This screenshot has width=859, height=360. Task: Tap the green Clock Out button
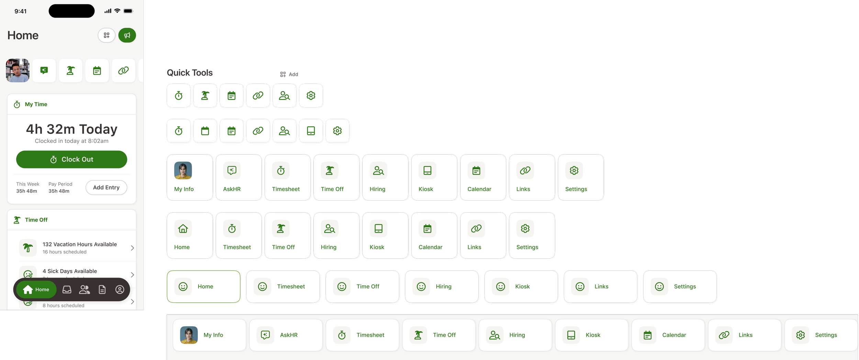pyautogui.click(x=71, y=159)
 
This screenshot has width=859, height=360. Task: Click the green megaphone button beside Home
pyautogui.click(x=127, y=35)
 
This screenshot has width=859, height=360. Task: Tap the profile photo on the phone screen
pyautogui.click(x=18, y=70)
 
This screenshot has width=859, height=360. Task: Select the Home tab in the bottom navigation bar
pyautogui.click(x=36, y=290)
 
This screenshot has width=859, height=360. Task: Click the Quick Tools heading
pyautogui.click(x=190, y=73)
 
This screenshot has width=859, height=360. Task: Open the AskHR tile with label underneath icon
pyautogui.click(x=238, y=177)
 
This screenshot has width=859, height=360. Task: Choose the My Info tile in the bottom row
pyautogui.click(x=209, y=335)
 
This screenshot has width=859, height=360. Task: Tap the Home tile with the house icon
pyautogui.click(x=190, y=235)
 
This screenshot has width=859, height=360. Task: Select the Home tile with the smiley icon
pyautogui.click(x=203, y=286)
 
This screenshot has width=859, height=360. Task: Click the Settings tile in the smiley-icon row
pyautogui.click(x=680, y=286)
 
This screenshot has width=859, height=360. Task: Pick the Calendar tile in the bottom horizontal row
pyautogui.click(x=668, y=335)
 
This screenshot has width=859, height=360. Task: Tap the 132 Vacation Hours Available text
pyautogui.click(x=80, y=244)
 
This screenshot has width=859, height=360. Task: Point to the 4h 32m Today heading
pyautogui.click(x=71, y=129)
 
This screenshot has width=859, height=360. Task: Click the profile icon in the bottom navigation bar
pyautogui.click(x=120, y=290)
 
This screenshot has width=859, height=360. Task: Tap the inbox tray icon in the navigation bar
pyautogui.click(x=67, y=290)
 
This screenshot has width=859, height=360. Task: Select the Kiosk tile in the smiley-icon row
pyautogui.click(x=521, y=286)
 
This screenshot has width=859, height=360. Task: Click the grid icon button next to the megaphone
pyautogui.click(x=107, y=35)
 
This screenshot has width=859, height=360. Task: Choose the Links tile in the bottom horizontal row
pyautogui.click(x=744, y=335)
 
